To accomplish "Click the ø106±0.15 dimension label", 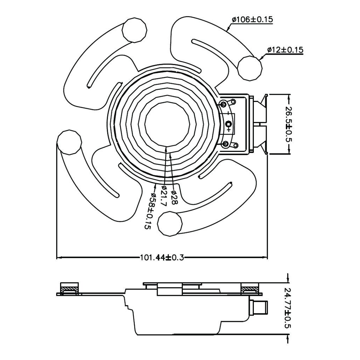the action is click(x=252, y=19).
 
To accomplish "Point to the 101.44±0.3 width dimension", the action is click(x=162, y=258).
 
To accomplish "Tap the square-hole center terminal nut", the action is click(x=229, y=124).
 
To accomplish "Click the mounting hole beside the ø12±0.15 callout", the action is click(x=250, y=68).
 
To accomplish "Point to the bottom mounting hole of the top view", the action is click(x=170, y=224).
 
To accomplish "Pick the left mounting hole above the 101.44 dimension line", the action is click(x=69, y=142).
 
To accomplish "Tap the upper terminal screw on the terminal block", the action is click(x=224, y=104).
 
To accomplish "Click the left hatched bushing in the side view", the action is click(x=69, y=289).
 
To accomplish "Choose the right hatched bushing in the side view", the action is click(x=250, y=289).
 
